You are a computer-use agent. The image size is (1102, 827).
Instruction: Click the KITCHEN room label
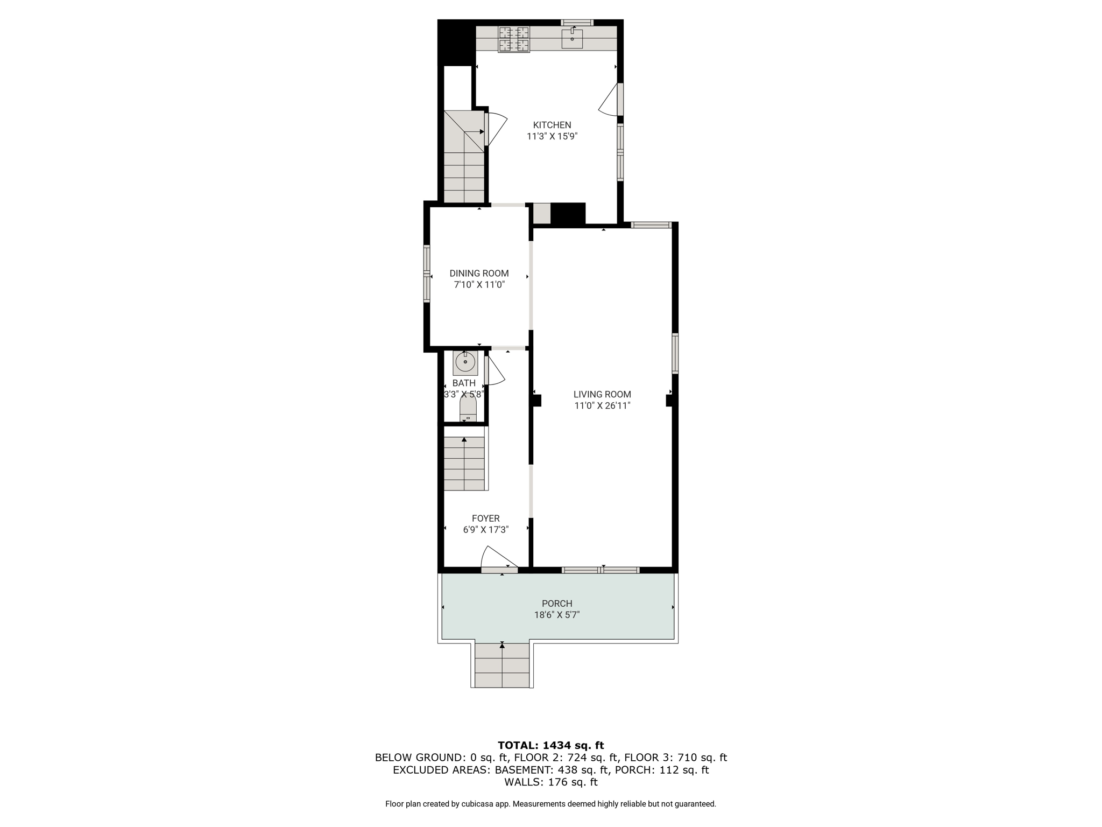(x=552, y=125)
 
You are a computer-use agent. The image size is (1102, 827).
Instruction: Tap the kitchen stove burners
(x=514, y=39)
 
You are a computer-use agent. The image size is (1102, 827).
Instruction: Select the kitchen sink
(x=572, y=38)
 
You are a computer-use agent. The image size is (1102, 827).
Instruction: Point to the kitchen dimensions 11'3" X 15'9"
(x=552, y=137)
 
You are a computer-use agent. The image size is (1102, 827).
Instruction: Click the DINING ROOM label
(x=479, y=274)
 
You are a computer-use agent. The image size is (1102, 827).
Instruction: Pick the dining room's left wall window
(x=427, y=274)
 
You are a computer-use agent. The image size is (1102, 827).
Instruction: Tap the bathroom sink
(x=465, y=362)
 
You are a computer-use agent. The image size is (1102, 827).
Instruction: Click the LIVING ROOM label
(x=602, y=395)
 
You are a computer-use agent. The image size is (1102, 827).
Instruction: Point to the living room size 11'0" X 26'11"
(x=602, y=406)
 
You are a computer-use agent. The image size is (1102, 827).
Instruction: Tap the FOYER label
(x=486, y=518)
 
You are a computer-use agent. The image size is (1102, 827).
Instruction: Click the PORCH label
(x=557, y=604)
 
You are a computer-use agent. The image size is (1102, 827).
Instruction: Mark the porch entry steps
(x=503, y=665)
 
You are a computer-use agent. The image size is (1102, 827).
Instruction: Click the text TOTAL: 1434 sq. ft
(x=551, y=746)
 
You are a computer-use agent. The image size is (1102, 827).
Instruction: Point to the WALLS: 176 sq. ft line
(x=551, y=782)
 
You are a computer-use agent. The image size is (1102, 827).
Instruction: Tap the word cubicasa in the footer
(x=477, y=804)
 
